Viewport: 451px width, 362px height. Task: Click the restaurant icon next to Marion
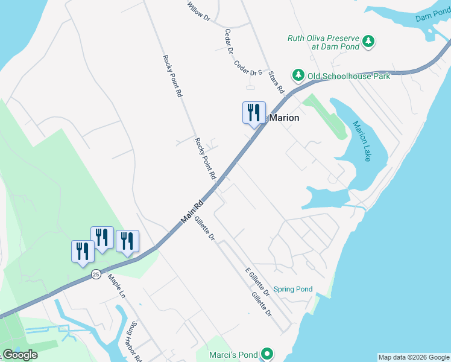254,112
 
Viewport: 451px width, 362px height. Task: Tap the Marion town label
283,118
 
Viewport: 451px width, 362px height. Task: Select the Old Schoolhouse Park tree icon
298,75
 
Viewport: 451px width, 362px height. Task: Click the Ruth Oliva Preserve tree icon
368,42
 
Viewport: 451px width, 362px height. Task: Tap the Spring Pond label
293,289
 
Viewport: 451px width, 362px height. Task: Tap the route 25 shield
96,275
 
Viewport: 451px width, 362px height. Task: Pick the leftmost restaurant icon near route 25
83,251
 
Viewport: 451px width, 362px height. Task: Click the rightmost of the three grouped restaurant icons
127,241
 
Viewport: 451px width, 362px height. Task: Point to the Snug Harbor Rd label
134,341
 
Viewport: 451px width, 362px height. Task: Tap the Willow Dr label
198,12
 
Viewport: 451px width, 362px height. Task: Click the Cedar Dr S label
248,68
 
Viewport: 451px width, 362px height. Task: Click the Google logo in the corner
20,355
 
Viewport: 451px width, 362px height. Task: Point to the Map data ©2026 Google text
414,357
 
